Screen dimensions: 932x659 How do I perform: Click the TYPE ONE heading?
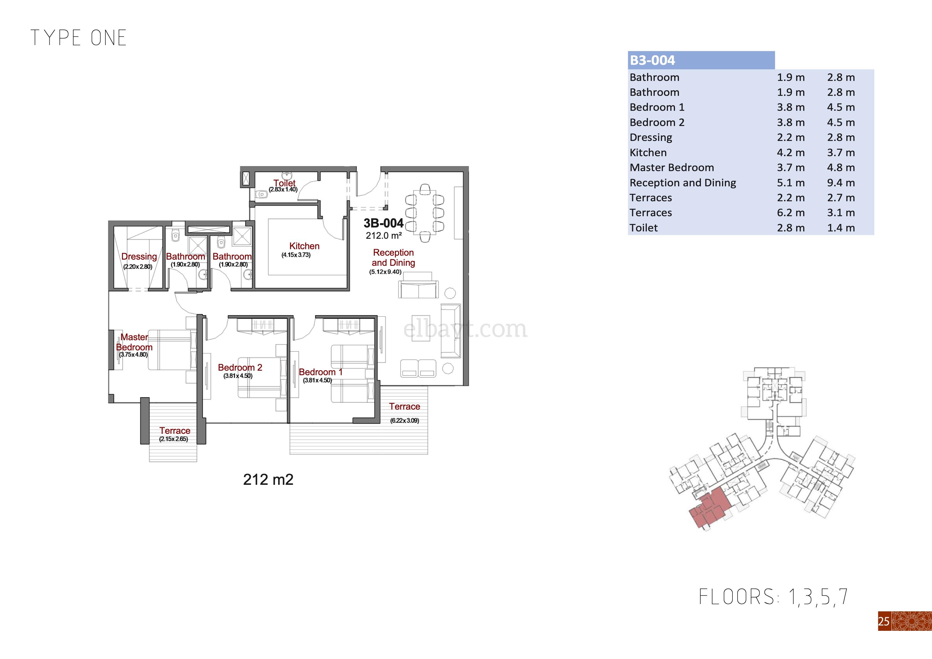click(x=78, y=38)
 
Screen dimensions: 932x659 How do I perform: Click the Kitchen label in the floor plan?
click(x=304, y=246)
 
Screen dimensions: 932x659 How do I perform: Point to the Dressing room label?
click(x=139, y=256)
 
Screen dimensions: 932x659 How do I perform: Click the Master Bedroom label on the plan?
click(x=134, y=342)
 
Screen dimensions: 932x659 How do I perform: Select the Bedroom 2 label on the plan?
click(x=240, y=368)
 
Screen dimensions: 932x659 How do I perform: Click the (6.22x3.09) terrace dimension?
click(x=405, y=421)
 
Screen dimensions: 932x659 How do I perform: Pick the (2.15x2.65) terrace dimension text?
click(x=174, y=439)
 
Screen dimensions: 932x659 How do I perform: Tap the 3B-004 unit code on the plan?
click(x=384, y=223)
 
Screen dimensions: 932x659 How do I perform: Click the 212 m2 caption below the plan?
click(x=268, y=479)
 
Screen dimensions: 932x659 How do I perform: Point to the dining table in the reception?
click(x=425, y=212)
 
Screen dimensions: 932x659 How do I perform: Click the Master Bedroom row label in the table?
click(x=672, y=167)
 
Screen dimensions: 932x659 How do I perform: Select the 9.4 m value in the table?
click(x=841, y=183)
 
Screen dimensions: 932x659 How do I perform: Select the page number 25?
click(x=884, y=621)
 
